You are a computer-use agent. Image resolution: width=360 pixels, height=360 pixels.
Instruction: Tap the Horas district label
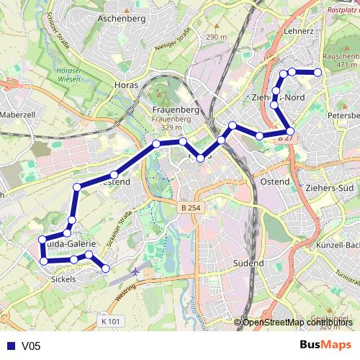tap(126, 85)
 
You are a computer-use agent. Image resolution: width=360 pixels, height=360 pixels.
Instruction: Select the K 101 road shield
tap(111, 320)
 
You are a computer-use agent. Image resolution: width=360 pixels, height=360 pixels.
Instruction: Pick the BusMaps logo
tap(326, 346)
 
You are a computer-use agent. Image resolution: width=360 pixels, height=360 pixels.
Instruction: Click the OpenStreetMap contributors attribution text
tap(297, 322)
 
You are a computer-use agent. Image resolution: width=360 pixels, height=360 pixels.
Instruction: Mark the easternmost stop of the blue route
tap(318, 72)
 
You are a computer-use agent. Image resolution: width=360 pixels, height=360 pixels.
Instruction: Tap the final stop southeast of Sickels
tap(106, 269)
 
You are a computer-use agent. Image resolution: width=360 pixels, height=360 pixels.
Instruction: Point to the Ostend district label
tap(275, 181)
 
